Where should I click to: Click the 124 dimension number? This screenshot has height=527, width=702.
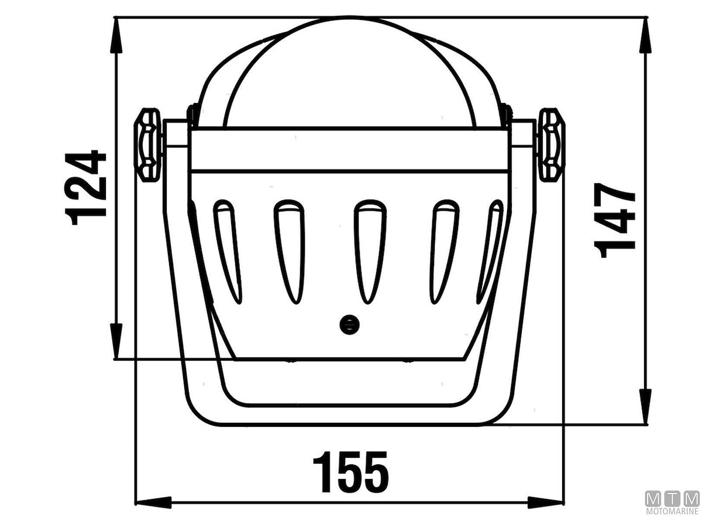point(85,187)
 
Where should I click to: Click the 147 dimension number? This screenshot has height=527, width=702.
point(614,220)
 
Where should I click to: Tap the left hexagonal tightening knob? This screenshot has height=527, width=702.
point(147,145)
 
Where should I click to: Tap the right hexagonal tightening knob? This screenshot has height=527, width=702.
point(552,145)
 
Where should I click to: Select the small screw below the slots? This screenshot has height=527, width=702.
point(349,325)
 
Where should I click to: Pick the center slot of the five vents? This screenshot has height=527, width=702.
point(370,252)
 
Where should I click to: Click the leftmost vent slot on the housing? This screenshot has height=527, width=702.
point(227,252)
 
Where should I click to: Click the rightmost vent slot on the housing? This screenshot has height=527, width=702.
point(489,252)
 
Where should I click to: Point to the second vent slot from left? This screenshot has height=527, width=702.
point(290,252)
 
